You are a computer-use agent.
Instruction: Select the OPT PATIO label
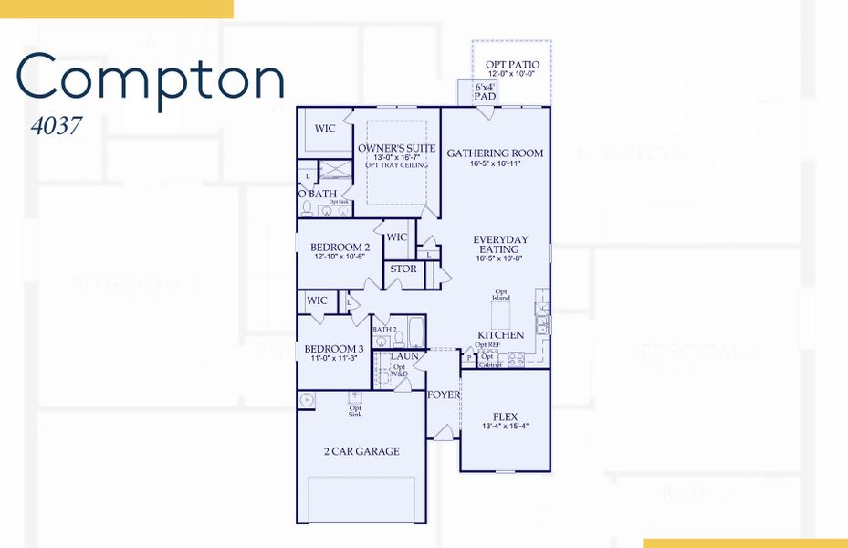[512, 65]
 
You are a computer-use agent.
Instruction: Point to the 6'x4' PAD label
[485, 91]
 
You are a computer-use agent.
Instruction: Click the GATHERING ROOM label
[495, 153]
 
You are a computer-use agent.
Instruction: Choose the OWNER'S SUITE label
[396, 148]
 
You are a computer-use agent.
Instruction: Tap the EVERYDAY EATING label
[500, 245]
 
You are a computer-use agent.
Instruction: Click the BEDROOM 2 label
[340, 248]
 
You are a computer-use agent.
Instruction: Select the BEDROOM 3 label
[334, 349]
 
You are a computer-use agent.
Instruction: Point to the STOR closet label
[403, 269]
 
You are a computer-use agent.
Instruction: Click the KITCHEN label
[501, 335]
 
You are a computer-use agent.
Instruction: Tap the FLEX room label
[504, 416]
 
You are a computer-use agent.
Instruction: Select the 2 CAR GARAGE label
[361, 451]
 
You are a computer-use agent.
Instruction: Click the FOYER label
[444, 395]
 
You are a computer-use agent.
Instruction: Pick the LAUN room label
[404, 356]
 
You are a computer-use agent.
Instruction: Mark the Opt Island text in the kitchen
[501, 295]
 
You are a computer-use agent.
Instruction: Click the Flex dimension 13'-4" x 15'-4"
[504, 427]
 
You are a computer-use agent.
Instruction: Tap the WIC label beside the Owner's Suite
[325, 129]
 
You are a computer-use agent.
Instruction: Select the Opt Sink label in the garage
[355, 411]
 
